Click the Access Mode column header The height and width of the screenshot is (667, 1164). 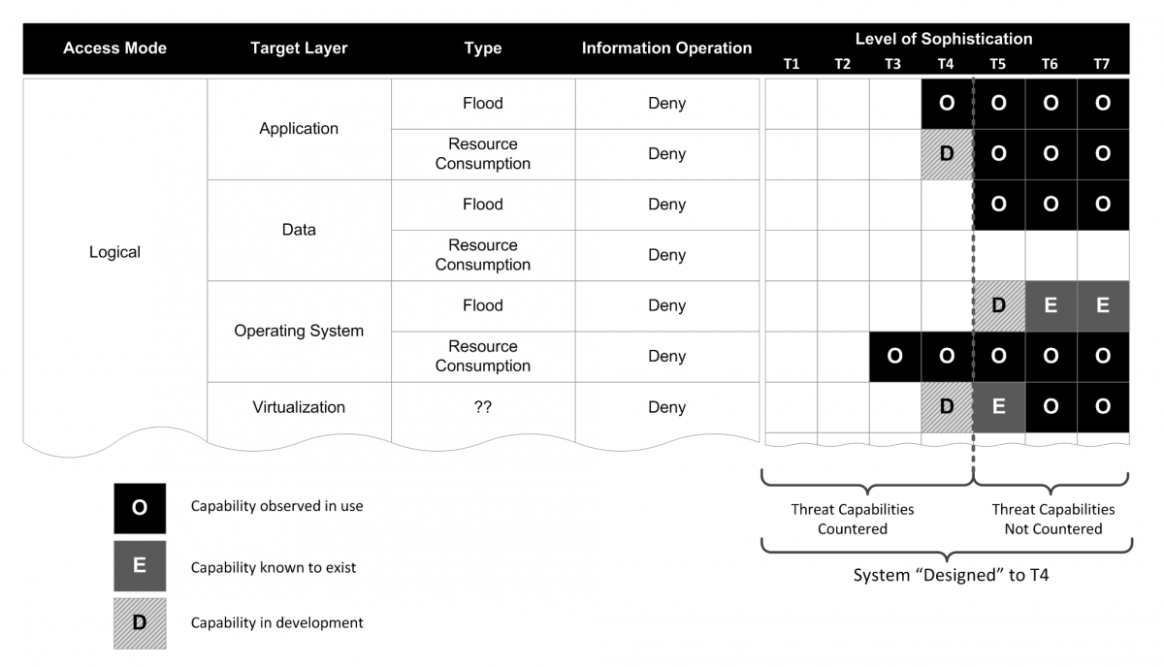coord(114,48)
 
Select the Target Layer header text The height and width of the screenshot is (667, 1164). coord(299,48)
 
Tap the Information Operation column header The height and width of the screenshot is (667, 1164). coord(666,48)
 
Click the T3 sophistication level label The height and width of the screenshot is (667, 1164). coord(892,64)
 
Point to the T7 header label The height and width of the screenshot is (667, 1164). coord(1102,64)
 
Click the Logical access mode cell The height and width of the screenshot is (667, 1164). coord(114,252)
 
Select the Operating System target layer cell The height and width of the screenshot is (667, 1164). coord(299,331)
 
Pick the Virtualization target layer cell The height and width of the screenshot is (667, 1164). coord(299,407)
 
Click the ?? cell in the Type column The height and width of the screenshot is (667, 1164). coord(483,407)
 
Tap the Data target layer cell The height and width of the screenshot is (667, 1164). coord(299,230)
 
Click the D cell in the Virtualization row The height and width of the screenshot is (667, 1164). coord(947,407)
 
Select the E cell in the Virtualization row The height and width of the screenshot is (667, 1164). coord(999,407)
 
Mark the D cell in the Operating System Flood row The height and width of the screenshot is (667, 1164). coord(999,305)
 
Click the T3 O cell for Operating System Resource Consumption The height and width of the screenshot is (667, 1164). coord(894,357)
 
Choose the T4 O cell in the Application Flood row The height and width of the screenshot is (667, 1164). coord(947,104)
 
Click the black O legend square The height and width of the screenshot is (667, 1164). coord(140,508)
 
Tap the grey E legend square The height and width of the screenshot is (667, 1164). coord(140,566)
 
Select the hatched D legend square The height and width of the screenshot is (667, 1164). coord(140,623)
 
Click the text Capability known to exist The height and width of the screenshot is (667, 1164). coord(274,567)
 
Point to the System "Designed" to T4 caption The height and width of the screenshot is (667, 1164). coord(951,575)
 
